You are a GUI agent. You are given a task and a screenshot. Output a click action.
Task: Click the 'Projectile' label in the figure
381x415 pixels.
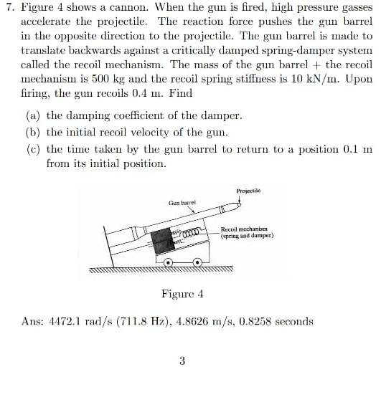click(248, 191)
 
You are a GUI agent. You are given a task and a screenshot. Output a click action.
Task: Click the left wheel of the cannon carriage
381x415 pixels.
click(169, 264)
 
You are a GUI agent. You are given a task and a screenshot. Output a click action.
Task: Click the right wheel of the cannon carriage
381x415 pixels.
click(206, 264)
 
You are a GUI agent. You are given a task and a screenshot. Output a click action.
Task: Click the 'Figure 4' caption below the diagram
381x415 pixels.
click(182, 294)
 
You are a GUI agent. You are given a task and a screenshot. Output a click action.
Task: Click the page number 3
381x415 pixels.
click(182, 361)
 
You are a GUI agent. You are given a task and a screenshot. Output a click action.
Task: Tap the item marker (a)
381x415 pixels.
click(32, 115)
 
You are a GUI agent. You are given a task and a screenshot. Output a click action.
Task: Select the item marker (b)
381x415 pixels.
click(32, 132)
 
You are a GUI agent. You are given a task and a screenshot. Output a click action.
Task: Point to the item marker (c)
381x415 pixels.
click(32, 149)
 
